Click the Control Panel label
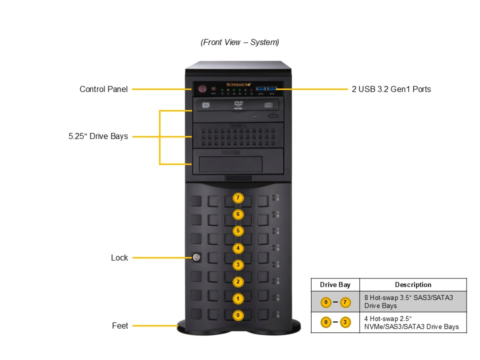(x=103, y=89)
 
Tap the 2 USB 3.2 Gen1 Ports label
(x=391, y=89)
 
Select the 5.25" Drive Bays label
(x=98, y=136)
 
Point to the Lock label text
(x=119, y=258)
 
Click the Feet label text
(x=120, y=325)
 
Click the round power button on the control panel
(x=202, y=89)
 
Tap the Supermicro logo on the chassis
(x=238, y=84)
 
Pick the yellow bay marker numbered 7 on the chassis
(x=238, y=198)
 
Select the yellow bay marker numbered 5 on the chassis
(x=238, y=231)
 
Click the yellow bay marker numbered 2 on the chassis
(x=238, y=281)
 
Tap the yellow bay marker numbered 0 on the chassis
(x=238, y=315)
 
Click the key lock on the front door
(x=196, y=257)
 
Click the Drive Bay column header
(x=335, y=284)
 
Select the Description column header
(x=413, y=284)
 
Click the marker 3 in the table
(x=345, y=322)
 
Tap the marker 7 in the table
(x=345, y=301)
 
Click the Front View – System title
(x=240, y=42)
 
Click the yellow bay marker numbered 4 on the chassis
(x=238, y=248)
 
